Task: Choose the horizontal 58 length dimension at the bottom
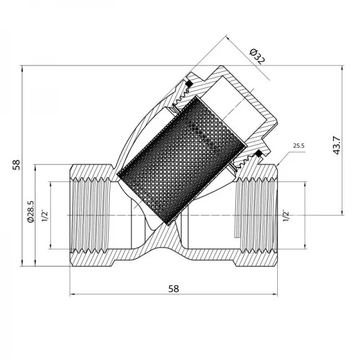[x=174, y=288]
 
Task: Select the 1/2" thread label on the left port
[x=45, y=215]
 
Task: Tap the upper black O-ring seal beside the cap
[x=188, y=83]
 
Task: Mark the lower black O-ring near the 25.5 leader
[x=258, y=155]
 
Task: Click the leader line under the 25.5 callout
[x=285, y=157]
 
